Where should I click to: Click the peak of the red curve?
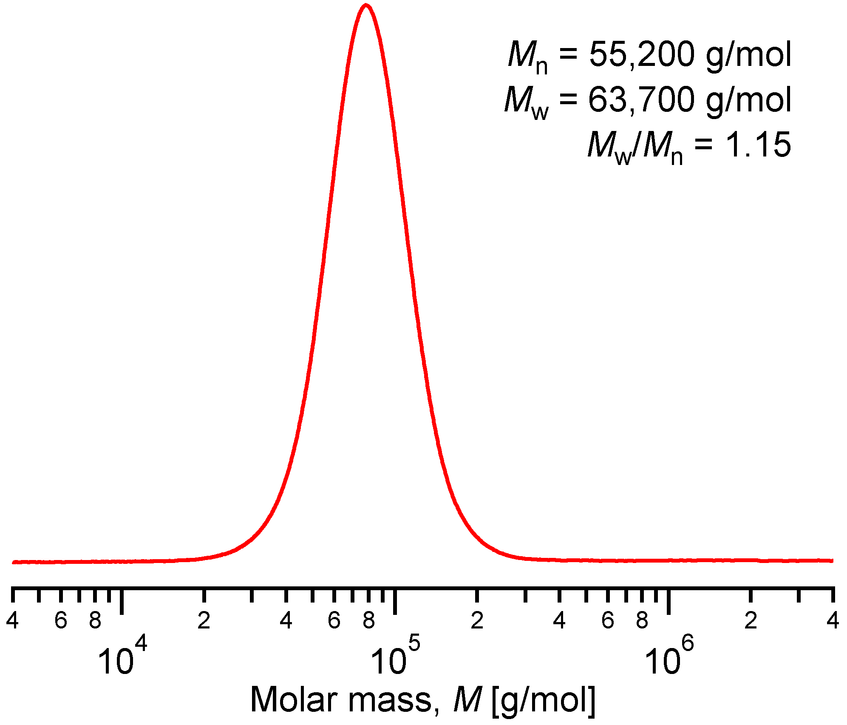click(366, 6)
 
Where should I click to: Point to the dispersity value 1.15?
click(758, 145)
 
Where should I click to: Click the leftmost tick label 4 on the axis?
click(12, 620)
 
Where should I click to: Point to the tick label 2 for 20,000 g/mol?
click(204, 620)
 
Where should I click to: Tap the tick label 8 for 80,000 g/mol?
click(368, 620)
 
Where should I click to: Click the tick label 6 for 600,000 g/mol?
click(608, 620)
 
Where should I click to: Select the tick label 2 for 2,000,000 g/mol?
click(751, 620)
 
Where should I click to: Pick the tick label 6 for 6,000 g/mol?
click(61, 620)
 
